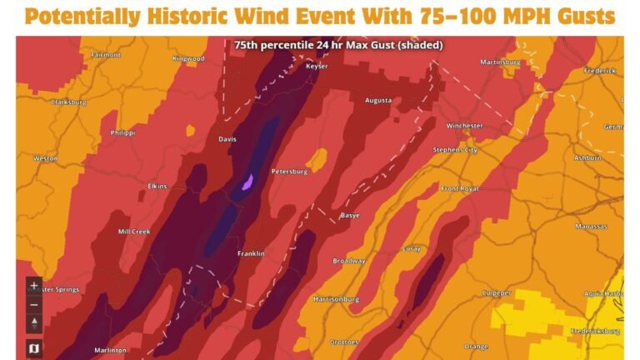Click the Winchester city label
pos(464,126)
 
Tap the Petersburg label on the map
pos(289,172)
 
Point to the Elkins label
pos(157,186)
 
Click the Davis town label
pos(227,139)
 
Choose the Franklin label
pos(251,253)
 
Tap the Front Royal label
pos(459,189)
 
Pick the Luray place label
pos(410,248)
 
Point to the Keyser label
pos(317,65)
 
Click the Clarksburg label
pos(69,102)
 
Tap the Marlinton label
pos(110,350)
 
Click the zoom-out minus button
pos(34,302)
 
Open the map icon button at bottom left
pos(34,347)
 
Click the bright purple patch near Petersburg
pos(247,182)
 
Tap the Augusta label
pos(378,101)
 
